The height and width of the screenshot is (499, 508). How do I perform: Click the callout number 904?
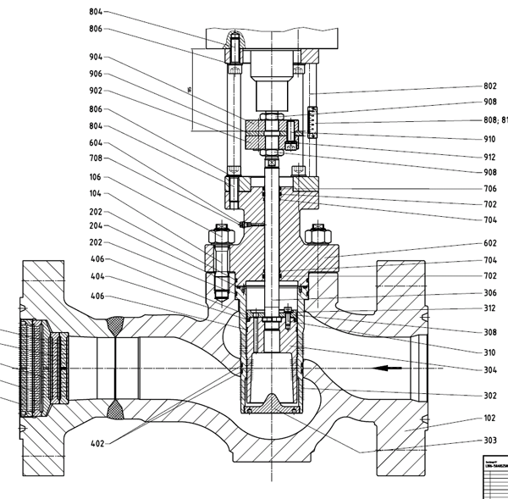coord(95,58)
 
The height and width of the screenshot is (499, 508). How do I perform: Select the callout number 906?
coord(95,74)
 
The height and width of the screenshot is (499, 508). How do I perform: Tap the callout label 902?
coord(95,91)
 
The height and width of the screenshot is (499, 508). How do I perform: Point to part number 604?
coord(95,143)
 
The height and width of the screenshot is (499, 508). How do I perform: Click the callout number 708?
coord(95,158)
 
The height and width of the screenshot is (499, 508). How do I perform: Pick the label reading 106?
coord(95,177)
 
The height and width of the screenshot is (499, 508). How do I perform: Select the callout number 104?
coord(95,194)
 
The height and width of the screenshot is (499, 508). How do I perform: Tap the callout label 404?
coord(97,277)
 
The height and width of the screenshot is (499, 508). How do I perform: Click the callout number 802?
coord(490,86)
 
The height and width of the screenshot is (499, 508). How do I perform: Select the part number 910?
coord(490,138)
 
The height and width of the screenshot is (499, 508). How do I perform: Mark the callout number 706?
coord(490,189)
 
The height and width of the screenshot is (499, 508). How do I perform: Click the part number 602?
coord(490,242)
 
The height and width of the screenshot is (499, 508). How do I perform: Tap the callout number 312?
coord(490,308)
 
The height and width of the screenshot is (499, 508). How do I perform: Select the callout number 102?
coord(490,418)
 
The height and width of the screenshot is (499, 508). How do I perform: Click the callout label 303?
coord(490,441)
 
